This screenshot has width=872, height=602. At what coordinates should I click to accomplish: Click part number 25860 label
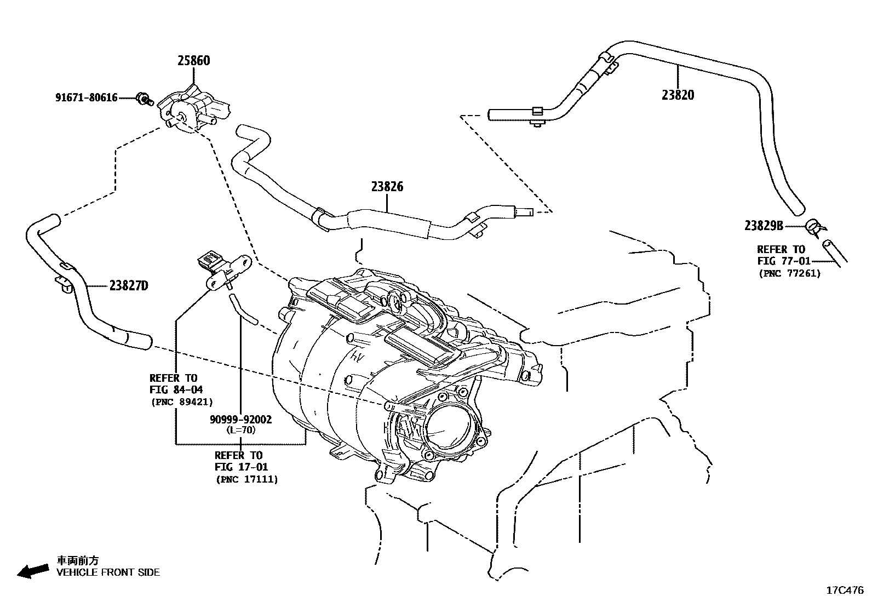point(193,61)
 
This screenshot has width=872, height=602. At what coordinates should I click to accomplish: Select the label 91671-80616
point(86,98)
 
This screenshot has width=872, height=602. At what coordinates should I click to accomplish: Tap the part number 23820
point(678,95)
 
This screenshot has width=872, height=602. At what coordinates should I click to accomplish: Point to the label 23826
point(387,187)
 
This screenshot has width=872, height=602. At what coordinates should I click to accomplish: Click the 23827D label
point(129,286)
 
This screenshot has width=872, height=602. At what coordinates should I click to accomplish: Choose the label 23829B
point(764,226)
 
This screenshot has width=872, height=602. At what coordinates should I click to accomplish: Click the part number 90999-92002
point(240,420)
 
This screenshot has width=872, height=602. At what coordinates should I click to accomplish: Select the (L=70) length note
point(240,430)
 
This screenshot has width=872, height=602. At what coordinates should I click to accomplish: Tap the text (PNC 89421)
point(181,402)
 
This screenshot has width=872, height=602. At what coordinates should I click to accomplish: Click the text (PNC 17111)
point(246,479)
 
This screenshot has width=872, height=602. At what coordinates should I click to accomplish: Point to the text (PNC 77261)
point(789,273)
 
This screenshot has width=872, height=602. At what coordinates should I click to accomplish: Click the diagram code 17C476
point(845,590)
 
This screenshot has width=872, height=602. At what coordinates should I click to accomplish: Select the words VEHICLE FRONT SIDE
point(108,572)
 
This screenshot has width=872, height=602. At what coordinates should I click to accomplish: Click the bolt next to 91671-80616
point(145,99)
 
